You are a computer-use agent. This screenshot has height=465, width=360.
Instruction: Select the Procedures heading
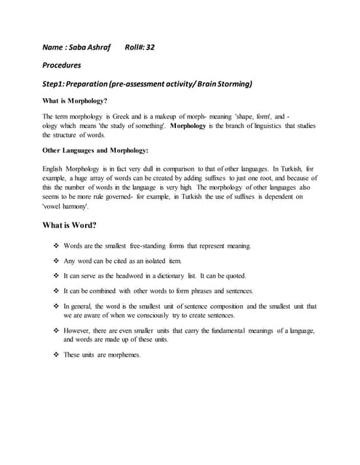[x=62, y=65]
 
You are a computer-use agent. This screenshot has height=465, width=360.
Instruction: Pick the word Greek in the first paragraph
[x=121, y=116]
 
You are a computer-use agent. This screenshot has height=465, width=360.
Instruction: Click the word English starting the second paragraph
[x=55, y=168]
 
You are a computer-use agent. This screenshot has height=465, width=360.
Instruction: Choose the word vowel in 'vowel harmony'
[x=55, y=206]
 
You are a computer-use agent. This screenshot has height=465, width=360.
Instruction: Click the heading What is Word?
[x=71, y=225]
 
